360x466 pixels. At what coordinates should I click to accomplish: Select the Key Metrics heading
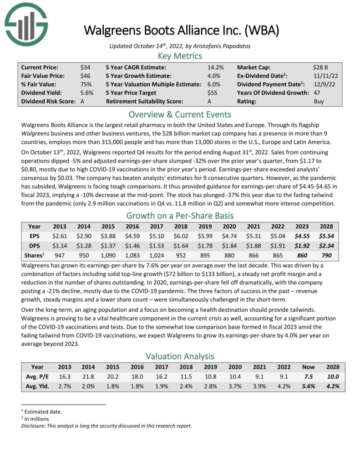tap(179, 56)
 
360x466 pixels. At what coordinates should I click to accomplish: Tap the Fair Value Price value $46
tap(85, 76)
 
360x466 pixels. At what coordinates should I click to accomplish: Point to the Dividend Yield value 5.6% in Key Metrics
tap(86, 93)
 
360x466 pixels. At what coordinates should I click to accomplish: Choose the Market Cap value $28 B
tap(321, 67)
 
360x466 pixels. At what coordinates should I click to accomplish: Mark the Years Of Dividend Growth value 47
tap(317, 93)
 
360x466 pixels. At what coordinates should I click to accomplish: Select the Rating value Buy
tap(319, 101)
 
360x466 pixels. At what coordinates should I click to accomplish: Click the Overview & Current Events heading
tap(179, 114)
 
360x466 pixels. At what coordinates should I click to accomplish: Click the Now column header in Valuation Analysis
tap(308, 367)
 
